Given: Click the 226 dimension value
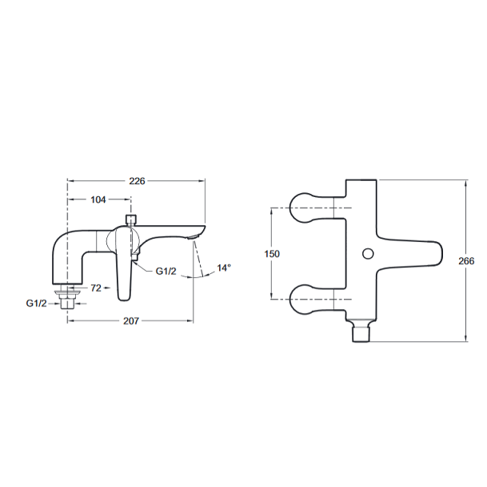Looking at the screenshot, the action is click(137, 181).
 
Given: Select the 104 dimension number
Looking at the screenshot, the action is click(98, 199).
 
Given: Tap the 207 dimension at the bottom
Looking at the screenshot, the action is click(131, 321).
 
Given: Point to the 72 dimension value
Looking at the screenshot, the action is click(96, 288).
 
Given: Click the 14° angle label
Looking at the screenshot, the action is click(224, 268).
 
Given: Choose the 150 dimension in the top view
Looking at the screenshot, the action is click(272, 254).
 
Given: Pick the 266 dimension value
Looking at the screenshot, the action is click(466, 261).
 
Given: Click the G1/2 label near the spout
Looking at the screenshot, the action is click(166, 272).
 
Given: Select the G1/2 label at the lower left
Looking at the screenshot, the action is click(36, 303).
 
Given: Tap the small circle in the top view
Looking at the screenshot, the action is click(368, 254).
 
